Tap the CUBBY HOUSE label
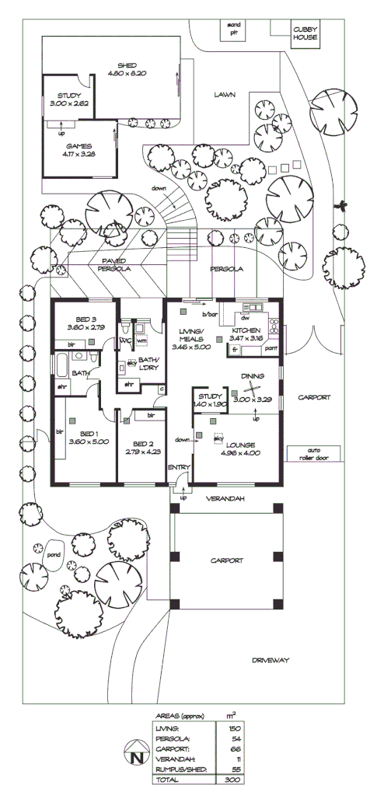[305, 33]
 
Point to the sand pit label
[234, 28]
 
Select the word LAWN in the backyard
[225, 95]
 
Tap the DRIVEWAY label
[270, 660]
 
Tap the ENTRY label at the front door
[179, 466]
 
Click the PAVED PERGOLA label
[113, 264]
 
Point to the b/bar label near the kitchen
[208, 314]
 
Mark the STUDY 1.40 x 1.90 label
[209, 400]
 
